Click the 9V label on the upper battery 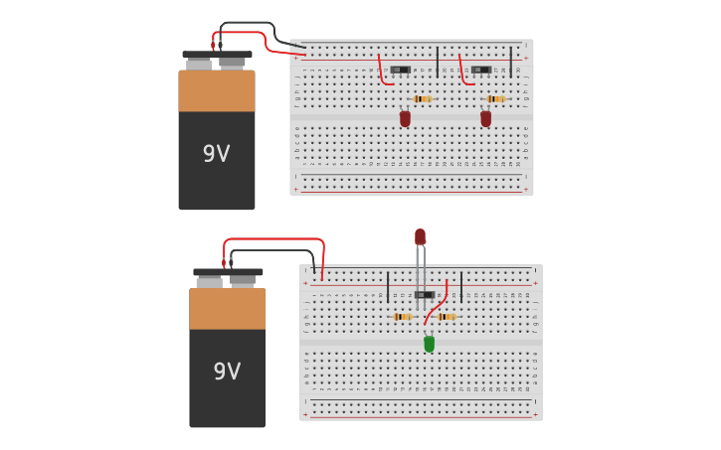pos(216,154)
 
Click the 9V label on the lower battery pos(227,372)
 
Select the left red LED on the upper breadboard pos(405,118)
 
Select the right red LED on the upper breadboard pos(485,118)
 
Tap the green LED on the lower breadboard pos(429,344)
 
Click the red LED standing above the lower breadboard pos(420,236)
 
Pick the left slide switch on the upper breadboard pos(400,70)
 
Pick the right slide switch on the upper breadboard pos(481,70)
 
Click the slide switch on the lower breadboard pos(425,294)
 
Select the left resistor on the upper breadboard pos(423,99)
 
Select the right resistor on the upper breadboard pos(495,99)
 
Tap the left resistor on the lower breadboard pos(402,317)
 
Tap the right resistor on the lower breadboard pos(445,317)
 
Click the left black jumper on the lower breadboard pos(388,287)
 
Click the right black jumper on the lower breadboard pos(460,286)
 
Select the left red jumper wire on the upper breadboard pos(381,72)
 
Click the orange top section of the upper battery pos(217,90)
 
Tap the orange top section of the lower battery pos(228,309)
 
